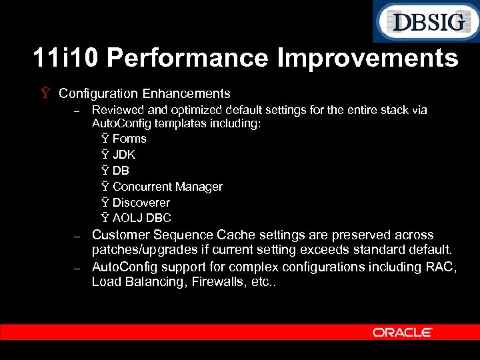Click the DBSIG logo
[x=425, y=22]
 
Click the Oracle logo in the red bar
[x=403, y=332]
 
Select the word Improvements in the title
[x=369, y=59]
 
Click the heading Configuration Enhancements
[x=144, y=94]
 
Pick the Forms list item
[x=129, y=139]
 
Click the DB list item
[x=121, y=171]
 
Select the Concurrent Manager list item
[x=167, y=187]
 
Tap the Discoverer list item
[x=141, y=203]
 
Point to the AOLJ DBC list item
[x=142, y=218]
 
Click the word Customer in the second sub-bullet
[x=121, y=235]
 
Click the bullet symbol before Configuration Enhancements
[x=45, y=94]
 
